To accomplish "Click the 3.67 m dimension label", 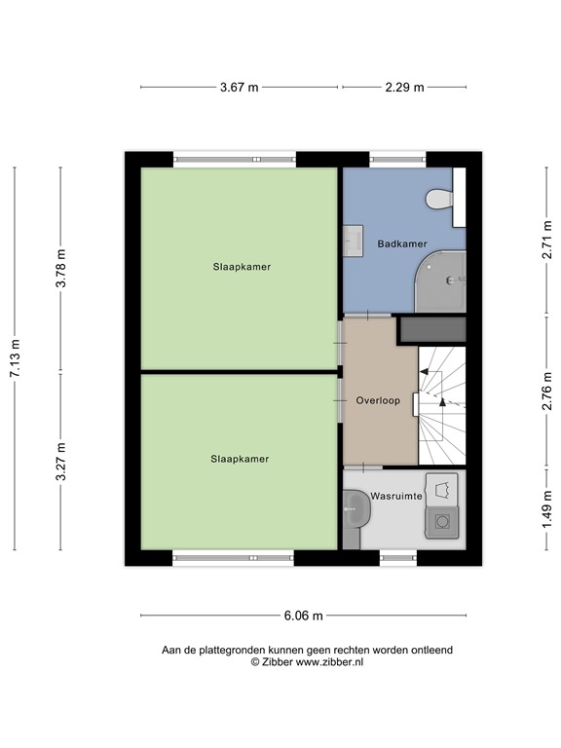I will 239,88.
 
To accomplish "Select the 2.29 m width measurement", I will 404,88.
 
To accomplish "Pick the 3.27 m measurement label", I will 60,463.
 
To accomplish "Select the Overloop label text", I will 378,400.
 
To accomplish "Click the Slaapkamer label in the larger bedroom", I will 242,266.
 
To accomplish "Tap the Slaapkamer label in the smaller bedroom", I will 240,458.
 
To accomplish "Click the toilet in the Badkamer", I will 441,200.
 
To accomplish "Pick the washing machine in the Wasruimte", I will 443,522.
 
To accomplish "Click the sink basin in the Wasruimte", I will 356,507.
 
